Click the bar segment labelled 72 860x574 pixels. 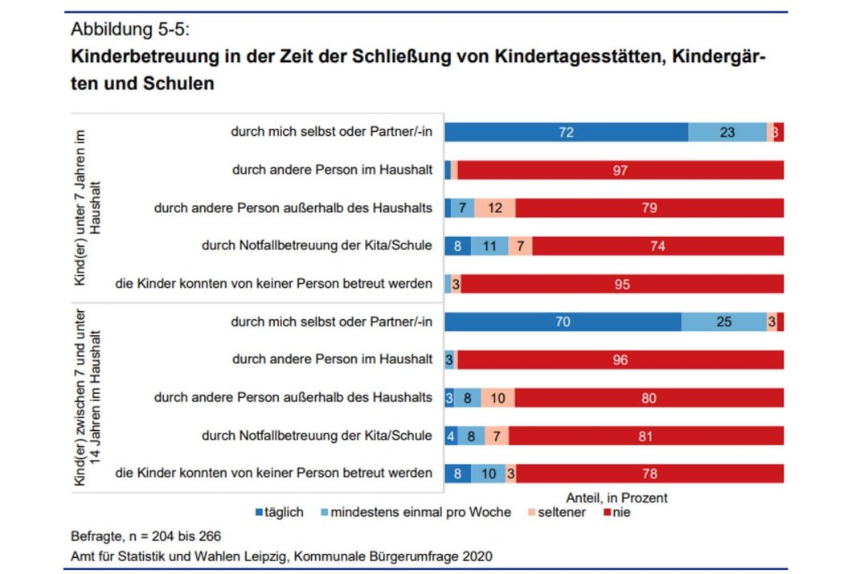566,133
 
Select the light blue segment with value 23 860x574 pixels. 727,133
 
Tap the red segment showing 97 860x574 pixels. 620,170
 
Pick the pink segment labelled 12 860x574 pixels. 495,208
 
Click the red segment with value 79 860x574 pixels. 649,208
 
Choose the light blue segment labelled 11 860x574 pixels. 489,246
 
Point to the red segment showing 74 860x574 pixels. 657,246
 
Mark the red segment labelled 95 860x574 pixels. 621,284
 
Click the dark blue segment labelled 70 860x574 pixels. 563,322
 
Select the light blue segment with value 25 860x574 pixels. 724,322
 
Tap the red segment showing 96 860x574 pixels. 619,360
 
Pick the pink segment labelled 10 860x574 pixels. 498,398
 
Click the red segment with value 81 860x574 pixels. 645,436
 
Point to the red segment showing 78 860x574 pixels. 649,474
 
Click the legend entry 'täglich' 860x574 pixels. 279,512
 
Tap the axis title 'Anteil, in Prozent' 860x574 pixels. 616,498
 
